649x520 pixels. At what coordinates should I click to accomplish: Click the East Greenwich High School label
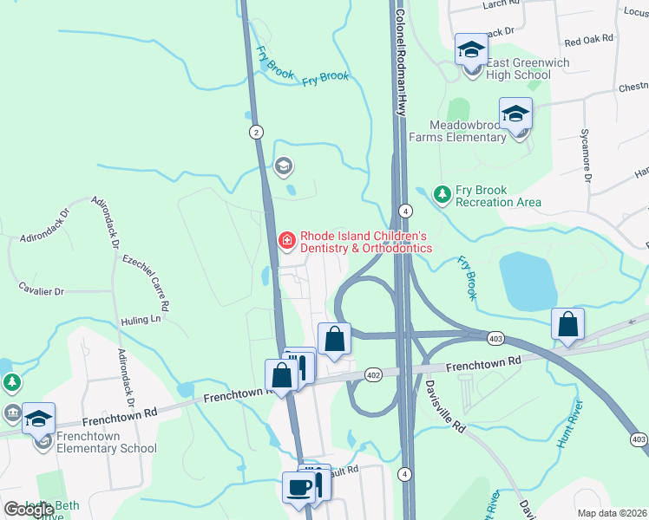(519, 69)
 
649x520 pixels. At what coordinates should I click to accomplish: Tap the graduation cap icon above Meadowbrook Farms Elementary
(515, 114)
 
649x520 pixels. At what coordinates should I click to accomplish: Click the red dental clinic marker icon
(285, 239)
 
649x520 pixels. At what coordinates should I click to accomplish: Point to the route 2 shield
(255, 132)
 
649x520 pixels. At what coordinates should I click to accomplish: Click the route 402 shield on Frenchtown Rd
(374, 374)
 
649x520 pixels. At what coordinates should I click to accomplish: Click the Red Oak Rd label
(588, 40)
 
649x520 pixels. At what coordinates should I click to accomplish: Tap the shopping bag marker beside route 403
(567, 325)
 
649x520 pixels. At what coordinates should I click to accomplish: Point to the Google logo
(29, 510)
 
